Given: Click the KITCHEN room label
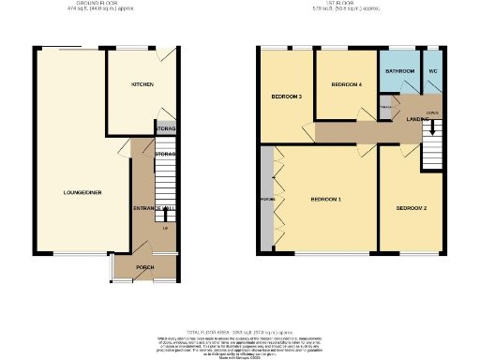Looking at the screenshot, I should point(142,84).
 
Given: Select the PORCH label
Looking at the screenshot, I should point(144,267).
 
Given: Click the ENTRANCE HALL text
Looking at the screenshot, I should point(148,207).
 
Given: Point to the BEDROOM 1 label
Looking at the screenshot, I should point(325,200).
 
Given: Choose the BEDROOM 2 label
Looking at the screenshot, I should point(411,207).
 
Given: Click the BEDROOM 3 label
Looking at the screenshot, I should point(286,97).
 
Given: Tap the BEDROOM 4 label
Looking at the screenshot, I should point(346,85).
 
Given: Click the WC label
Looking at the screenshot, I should point(433,71).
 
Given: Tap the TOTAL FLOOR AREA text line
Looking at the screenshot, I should point(239,333).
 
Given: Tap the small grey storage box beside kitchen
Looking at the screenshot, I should point(165,128).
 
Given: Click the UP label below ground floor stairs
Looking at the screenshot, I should point(166,227).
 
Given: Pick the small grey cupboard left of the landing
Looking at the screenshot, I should point(385,109).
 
